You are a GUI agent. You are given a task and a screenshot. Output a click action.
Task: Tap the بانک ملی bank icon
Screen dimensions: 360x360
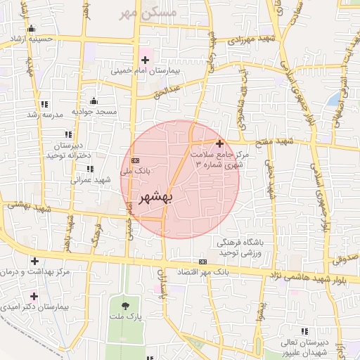click(135, 160)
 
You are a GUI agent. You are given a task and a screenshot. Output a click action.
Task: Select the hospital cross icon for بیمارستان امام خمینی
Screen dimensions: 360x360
click(146, 60)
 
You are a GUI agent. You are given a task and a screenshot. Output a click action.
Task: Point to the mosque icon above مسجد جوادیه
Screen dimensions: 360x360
click(94, 101)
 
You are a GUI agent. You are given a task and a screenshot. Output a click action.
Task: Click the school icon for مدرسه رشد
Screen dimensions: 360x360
click(45, 104)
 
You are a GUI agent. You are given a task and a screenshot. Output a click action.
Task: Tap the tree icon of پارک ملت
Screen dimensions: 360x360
click(126, 305)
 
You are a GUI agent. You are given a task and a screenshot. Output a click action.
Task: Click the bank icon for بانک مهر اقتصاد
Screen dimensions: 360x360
click(205, 261)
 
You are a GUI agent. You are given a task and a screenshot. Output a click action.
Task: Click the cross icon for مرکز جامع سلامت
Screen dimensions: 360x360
click(219, 143)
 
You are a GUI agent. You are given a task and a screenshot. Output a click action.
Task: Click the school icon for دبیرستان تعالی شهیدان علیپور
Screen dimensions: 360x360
click(304, 330)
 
